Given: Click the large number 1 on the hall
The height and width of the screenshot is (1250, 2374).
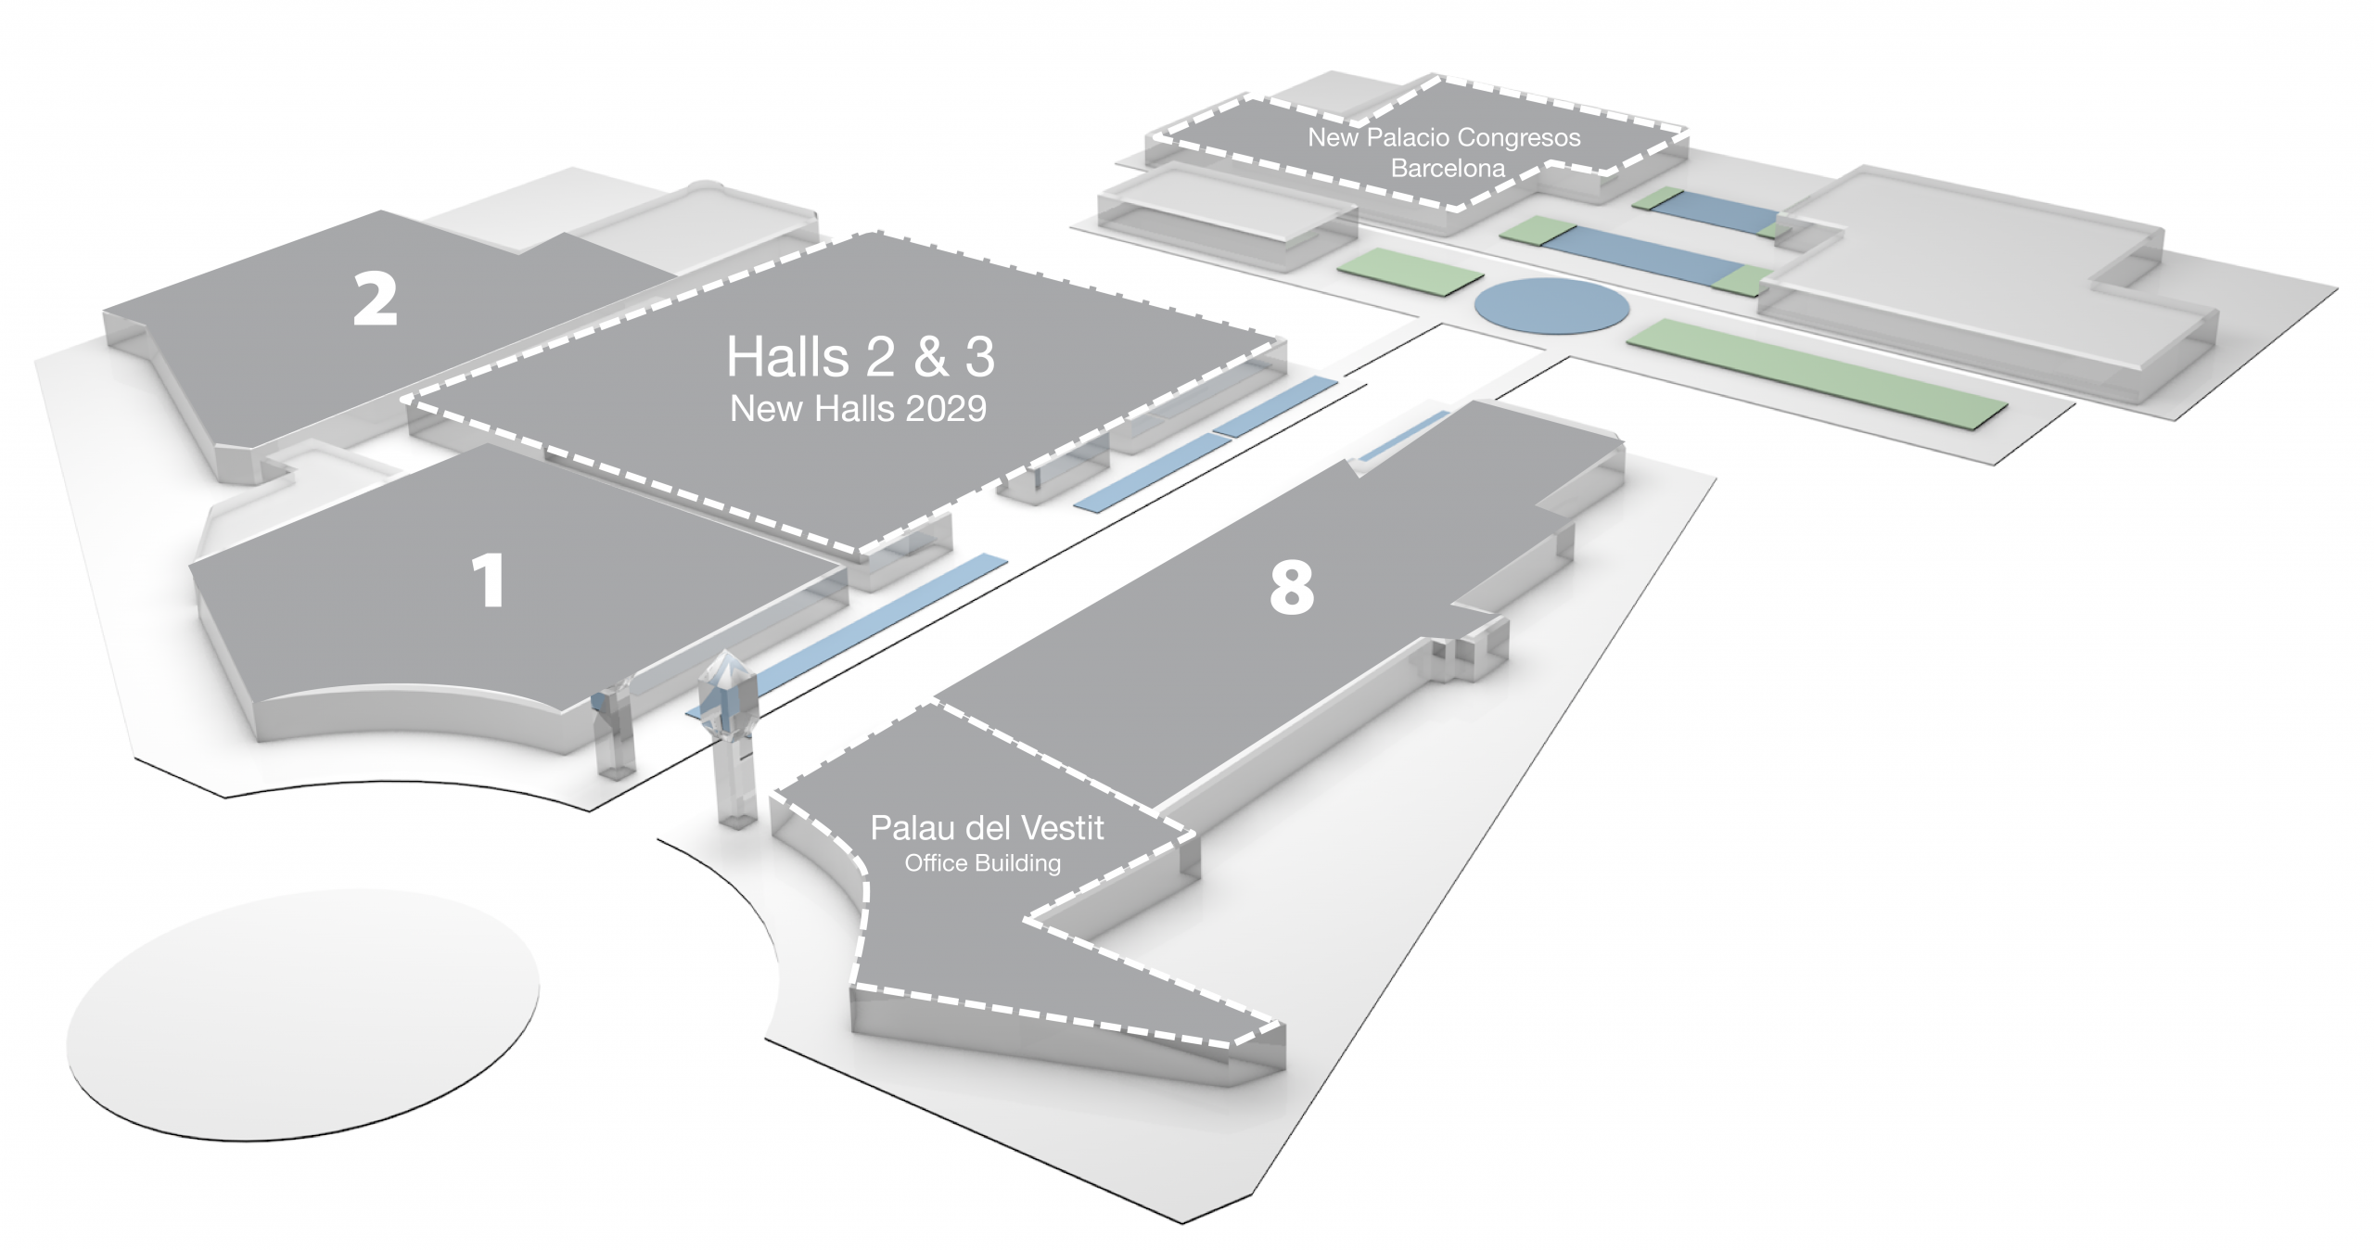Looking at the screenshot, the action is tap(490, 580).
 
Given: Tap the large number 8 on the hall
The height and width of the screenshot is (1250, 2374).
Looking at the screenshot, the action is tap(1292, 587).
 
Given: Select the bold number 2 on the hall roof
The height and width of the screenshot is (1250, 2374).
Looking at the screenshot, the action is tap(376, 298).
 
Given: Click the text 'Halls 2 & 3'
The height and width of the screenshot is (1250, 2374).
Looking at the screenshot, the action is tap(861, 356).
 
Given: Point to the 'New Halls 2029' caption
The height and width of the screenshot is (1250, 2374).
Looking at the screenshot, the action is tap(859, 408).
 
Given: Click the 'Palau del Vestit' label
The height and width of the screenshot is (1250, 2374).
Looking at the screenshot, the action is tap(987, 827).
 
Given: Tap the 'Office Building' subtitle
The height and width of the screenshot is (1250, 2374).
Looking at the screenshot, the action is tap(983, 863).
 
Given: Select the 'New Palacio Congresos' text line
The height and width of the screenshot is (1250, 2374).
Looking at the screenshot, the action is tap(1444, 137).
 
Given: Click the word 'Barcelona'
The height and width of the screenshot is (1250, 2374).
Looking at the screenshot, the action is tap(1449, 168).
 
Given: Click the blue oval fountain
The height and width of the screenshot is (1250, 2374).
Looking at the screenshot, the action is tap(1551, 305).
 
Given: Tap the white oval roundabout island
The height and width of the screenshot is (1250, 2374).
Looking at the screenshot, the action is tap(303, 1014).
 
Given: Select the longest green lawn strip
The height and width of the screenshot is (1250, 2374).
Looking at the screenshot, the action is tap(1818, 373).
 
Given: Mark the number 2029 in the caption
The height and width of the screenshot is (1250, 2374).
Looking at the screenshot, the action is tap(946, 408).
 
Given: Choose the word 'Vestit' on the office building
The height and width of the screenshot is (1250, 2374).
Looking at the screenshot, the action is tap(1059, 827).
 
